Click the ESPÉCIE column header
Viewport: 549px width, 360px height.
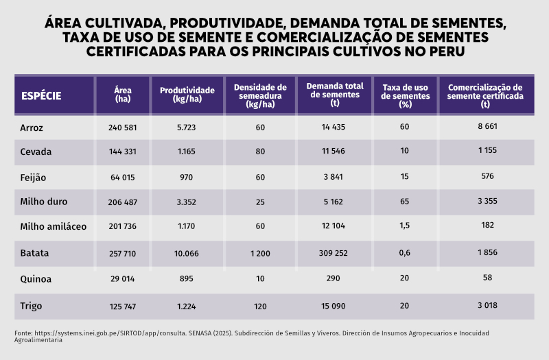pyautogui.click(x=42, y=95)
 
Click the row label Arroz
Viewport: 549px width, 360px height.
pyautogui.click(x=32, y=128)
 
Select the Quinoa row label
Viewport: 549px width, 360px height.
pyautogui.click(x=36, y=279)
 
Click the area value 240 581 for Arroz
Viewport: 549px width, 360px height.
pyautogui.click(x=123, y=128)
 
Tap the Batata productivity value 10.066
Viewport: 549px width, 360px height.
pyautogui.click(x=186, y=253)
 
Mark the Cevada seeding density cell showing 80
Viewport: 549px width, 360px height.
pyautogui.click(x=260, y=151)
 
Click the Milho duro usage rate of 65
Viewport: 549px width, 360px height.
pyautogui.click(x=405, y=202)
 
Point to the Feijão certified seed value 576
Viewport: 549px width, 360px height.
pyautogui.click(x=487, y=177)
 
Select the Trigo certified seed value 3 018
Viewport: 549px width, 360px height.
pyautogui.click(x=487, y=305)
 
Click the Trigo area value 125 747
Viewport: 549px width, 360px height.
pyautogui.click(x=123, y=305)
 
